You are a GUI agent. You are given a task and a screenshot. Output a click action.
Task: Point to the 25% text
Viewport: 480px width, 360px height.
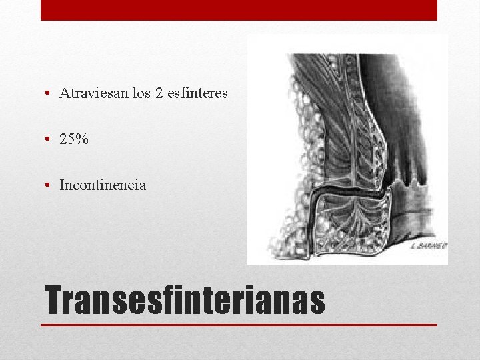pos(73,139)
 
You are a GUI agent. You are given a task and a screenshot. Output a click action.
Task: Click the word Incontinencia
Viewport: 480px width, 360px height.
pos(103,185)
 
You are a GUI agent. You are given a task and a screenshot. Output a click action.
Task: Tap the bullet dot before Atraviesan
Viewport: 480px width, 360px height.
pos(51,94)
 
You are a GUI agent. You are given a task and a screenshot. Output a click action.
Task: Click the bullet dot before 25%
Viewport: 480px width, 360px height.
pos(51,139)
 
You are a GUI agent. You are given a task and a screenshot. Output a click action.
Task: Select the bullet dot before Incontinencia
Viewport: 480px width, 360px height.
pos(51,185)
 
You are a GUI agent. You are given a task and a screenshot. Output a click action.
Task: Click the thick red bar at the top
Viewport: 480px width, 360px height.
pos(239,10)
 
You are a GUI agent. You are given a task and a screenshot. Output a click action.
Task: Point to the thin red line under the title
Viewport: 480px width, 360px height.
pos(239,325)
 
